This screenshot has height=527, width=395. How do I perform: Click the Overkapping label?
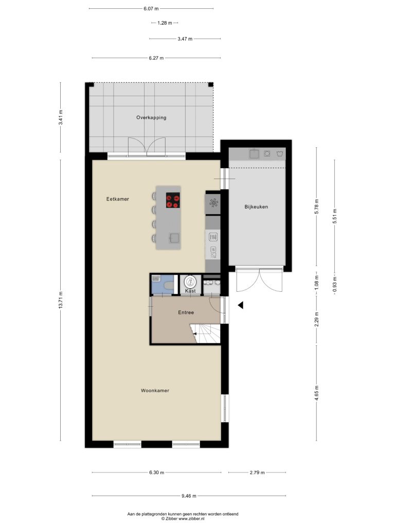click(x=151, y=118)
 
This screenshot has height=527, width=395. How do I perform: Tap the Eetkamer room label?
click(x=118, y=199)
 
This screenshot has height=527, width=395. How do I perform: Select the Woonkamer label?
click(x=155, y=391)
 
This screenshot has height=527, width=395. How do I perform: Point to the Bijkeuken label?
click(x=256, y=207)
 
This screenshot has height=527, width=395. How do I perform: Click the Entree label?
click(x=186, y=312)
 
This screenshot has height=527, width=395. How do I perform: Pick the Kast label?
click(x=190, y=291)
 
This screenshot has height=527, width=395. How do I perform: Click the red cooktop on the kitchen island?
click(x=173, y=200)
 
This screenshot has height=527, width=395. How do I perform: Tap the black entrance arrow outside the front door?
click(x=241, y=305)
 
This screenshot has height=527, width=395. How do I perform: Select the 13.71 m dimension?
click(x=61, y=300)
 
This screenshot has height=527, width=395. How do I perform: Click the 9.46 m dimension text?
click(x=189, y=496)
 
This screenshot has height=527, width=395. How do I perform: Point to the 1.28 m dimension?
click(x=165, y=23)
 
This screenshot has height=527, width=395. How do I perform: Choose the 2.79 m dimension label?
click(x=257, y=472)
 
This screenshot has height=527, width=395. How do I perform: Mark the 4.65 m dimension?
click(x=317, y=393)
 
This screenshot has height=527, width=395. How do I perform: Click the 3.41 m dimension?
click(x=61, y=118)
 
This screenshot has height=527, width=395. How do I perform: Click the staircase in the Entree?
click(x=205, y=333)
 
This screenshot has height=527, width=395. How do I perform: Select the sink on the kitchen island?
click(x=174, y=238)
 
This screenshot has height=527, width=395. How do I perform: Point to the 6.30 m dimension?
click(x=156, y=472)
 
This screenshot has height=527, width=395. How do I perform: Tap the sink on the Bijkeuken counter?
click(x=254, y=154)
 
